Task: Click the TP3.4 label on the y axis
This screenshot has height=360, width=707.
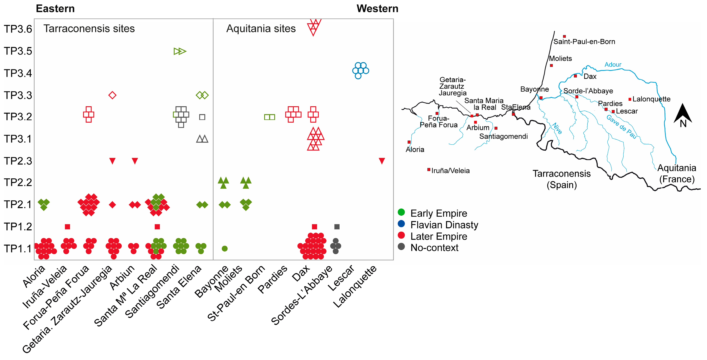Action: tap(18, 73)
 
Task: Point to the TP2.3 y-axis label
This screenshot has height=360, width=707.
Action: tap(18, 161)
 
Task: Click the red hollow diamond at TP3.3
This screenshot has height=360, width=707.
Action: tap(112, 95)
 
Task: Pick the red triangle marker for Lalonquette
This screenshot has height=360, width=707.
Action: tap(382, 161)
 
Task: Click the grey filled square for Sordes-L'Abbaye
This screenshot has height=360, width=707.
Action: tap(337, 227)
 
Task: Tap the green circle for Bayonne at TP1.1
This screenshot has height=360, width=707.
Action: tap(224, 249)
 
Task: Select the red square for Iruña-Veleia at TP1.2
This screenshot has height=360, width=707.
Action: tap(68, 227)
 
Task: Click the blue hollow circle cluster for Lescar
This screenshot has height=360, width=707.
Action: tap(361, 71)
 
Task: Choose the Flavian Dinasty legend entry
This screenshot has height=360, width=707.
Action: tap(444, 225)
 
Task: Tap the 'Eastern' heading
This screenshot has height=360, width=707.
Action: tap(55, 9)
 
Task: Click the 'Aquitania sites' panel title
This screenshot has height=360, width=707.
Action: tap(261, 29)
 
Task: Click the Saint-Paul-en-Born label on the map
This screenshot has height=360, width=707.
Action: tap(584, 42)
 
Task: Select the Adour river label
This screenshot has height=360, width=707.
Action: tap(613, 65)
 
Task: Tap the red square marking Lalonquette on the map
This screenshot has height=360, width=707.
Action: tap(630, 99)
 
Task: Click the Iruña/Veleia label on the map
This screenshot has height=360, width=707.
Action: tap(450, 171)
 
